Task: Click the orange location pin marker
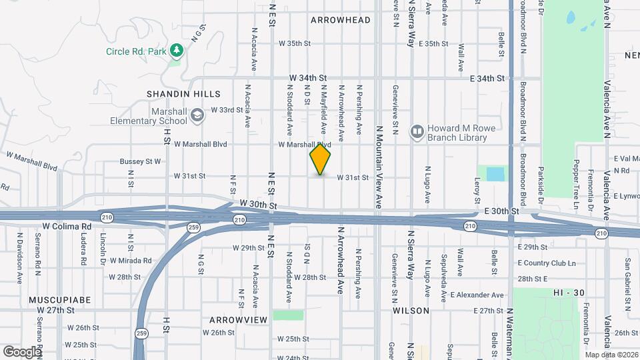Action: point(321,159)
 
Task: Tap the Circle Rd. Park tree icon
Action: point(176,51)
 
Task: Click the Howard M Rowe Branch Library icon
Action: point(417,131)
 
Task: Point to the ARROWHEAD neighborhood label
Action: point(340,20)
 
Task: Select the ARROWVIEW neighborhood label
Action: point(238,320)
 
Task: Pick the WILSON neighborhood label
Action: point(411,311)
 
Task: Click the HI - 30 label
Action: point(569,293)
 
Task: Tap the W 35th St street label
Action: point(295,43)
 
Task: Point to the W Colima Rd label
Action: point(67,226)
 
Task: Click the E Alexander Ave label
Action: point(477,295)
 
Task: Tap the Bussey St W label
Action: point(141,161)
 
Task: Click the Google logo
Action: point(22,351)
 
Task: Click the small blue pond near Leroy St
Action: point(495,174)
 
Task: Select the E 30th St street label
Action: point(501,211)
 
